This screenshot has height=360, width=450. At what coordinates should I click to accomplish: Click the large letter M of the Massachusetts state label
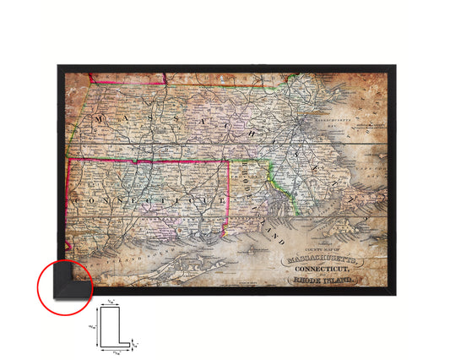point(100,119)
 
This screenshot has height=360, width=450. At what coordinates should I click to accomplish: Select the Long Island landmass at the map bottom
point(177,254)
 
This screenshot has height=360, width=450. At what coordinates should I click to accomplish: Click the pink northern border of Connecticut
point(148,159)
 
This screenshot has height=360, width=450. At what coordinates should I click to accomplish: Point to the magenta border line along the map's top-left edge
point(127,83)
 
